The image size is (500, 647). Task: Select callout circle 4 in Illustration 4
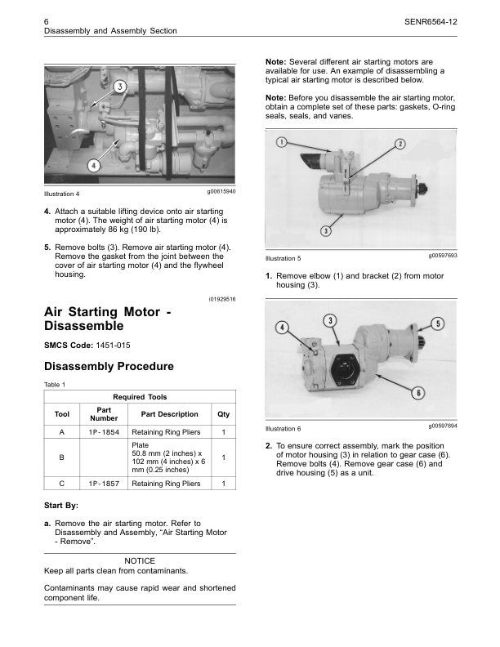(95, 164)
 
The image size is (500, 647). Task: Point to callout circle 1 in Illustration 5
(280, 143)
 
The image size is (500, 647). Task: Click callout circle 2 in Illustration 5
(400, 145)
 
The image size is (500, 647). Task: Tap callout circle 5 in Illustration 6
(438, 323)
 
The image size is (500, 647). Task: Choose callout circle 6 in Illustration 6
(417, 393)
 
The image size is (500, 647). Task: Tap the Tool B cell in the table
(62, 457)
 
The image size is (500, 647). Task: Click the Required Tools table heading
(140, 397)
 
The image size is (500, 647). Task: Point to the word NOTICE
(140, 560)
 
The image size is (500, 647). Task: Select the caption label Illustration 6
(283, 428)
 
